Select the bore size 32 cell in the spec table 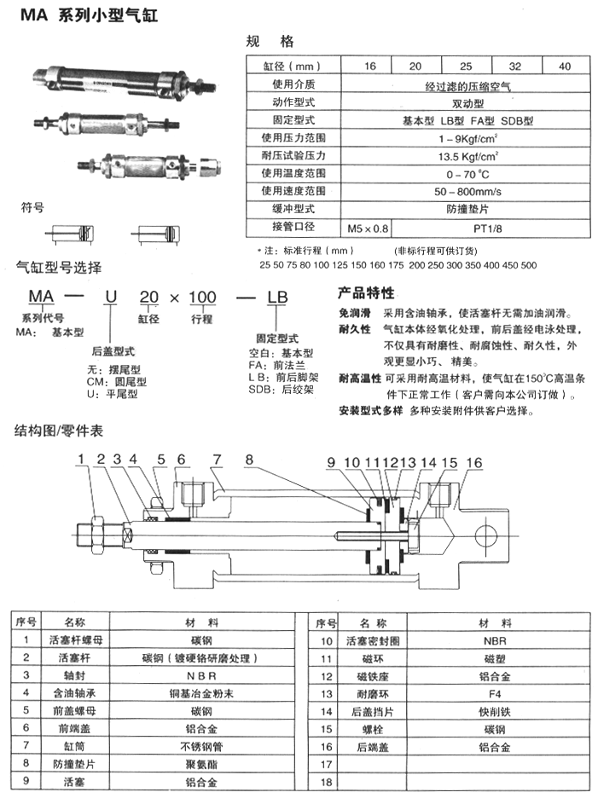[x=514, y=66]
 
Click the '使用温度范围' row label [x=293, y=174]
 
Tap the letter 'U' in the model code [x=108, y=297]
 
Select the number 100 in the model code [x=202, y=297]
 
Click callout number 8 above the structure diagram [x=249, y=461]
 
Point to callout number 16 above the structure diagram [x=474, y=462]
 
